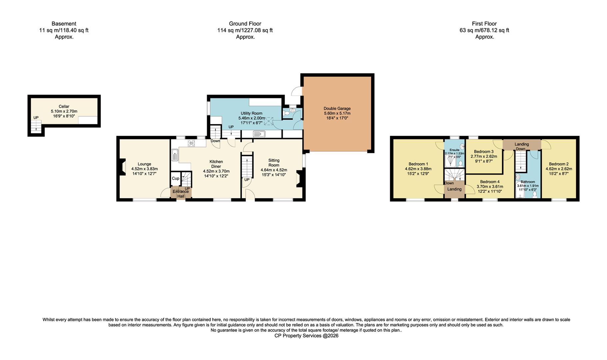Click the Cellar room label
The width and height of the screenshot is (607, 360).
pyautogui.click(x=64, y=107)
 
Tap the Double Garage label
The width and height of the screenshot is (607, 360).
pyautogui.click(x=337, y=109)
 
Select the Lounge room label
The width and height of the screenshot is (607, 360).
pyautogui.click(x=144, y=164)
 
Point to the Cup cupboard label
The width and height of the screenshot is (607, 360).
pyautogui.click(x=175, y=179)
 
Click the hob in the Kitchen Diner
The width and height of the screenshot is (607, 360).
pyautogui.click(x=191, y=143)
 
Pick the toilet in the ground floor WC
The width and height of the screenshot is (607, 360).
pyautogui.click(x=287, y=113)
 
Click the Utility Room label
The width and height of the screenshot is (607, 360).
pyautogui.click(x=251, y=113)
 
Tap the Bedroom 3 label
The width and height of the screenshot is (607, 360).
pyautogui.click(x=483, y=152)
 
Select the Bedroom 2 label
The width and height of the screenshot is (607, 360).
pyautogui.click(x=558, y=164)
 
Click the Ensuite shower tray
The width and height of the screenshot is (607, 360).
pyautogui.click(x=450, y=162)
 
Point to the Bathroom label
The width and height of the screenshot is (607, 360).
pyautogui.click(x=528, y=182)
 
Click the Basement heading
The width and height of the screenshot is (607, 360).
pyautogui.click(x=64, y=24)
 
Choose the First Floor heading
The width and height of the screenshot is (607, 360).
pyautogui.click(x=484, y=24)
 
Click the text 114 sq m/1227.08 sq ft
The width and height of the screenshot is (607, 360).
pyautogui.click(x=245, y=30)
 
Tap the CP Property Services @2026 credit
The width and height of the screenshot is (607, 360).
pyautogui.click(x=306, y=336)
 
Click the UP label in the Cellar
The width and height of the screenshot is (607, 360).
pyautogui.click(x=36, y=118)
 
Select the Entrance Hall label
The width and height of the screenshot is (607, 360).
pyautogui.click(x=181, y=194)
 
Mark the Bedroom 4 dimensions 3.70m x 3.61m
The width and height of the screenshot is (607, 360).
pyautogui.click(x=490, y=187)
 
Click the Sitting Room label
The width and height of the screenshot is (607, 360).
pyautogui.click(x=274, y=163)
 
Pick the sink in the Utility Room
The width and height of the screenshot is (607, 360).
pyautogui.click(x=259, y=134)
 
